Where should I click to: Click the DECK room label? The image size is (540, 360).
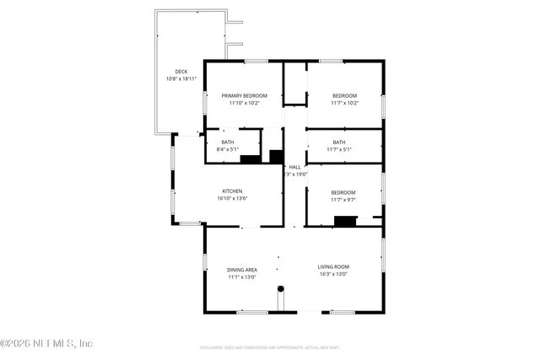tap(181, 72)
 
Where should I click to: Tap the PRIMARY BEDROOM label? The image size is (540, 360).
tap(245, 96)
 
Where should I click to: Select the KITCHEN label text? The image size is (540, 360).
tap(233, 191)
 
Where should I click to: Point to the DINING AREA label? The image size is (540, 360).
tap(242, 269)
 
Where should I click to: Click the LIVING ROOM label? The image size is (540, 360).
tap(334, 266)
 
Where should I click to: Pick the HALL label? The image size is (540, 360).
tap(294, 167)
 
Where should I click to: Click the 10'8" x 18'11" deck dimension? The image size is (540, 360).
tap(181, 79)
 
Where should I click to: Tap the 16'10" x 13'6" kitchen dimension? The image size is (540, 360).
tap(233, 198)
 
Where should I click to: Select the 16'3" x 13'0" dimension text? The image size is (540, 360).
tap(334, 274)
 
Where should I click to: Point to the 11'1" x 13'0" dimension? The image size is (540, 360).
tap(242, 277)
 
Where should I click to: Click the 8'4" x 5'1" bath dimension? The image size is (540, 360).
tap(229, 149)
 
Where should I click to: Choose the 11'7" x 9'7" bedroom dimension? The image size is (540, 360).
tap(343, 200)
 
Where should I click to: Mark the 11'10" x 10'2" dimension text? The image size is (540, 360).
tap(245, 104)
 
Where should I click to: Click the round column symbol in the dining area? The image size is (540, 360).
tap(281, 289)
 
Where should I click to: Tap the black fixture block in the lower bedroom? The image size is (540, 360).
tap(346, 222)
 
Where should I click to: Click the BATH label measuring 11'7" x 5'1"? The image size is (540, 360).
tap(339, 142)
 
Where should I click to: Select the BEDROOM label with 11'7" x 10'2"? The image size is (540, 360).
tap(344, 96)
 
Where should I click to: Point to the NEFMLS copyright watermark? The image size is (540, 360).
tap(46, 343)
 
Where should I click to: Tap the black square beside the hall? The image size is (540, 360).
tap(276, 156)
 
